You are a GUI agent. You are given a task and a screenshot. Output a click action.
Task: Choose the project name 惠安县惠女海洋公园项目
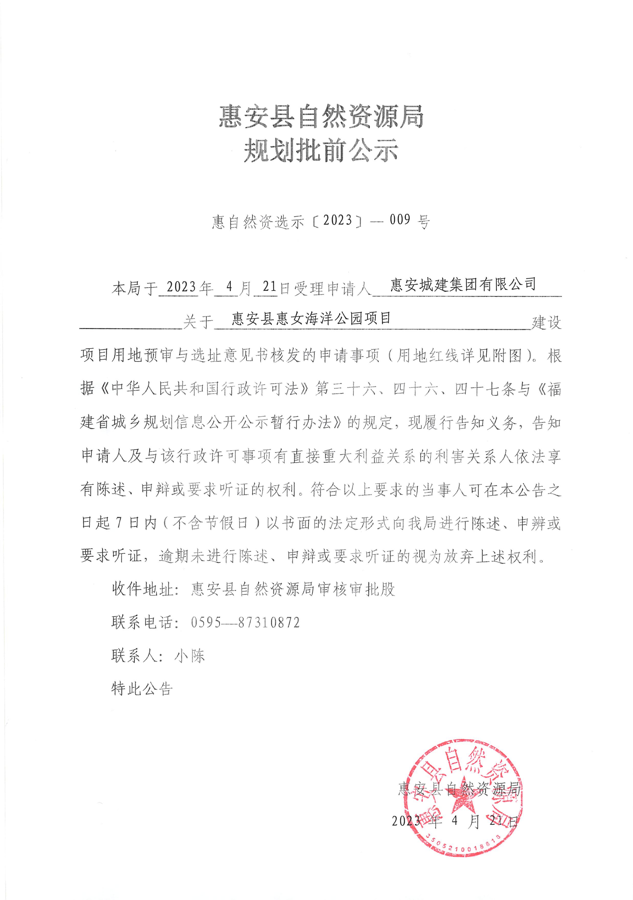(x=311, y=318)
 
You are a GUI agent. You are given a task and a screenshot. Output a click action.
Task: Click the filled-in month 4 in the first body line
(x=229, y=287)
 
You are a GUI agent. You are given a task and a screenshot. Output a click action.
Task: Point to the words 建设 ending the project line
(x=546, y=323)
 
